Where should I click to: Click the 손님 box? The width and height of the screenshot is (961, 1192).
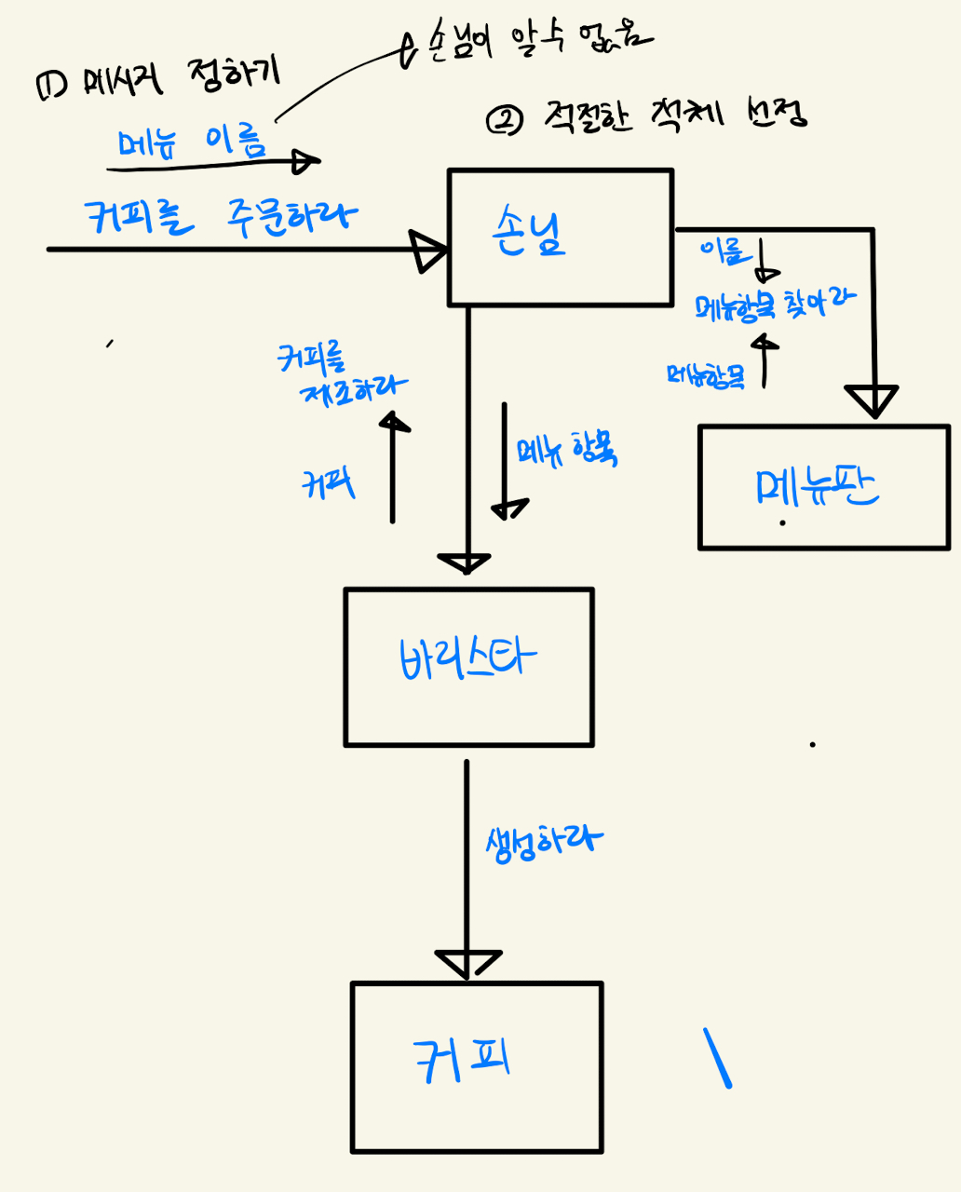pyautogui.click(x=560, y=237)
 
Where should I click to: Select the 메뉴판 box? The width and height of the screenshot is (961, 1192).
pyautogui.click(x=823, y=487)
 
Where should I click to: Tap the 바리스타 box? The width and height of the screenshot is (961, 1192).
pyautogui.click(x=468, y=666)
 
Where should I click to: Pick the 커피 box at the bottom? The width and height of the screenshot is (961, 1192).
pyautogui.click(x=477, y=1067)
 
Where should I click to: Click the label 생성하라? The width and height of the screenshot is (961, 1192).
pyautogui.click(x=544, y=842)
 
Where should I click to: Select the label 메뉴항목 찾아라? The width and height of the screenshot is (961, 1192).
pyautogui.click(x=775, y=305)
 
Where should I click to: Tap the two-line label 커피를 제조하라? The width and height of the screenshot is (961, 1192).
pyautogui.click(x=341, y=373)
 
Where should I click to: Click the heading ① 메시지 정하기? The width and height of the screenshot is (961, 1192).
pyautogui.click(x=157, y=80)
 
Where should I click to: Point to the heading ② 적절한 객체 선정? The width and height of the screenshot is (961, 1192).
pyautogui.click(x=646, y=116)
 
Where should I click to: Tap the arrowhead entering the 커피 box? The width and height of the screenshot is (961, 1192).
pyautogui.click(x=467, y=963)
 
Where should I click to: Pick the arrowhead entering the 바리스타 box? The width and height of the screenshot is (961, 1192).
pyautogui.click(x=464, y=563)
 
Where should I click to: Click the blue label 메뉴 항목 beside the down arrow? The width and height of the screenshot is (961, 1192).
pyautogui.click(x=567, y=450)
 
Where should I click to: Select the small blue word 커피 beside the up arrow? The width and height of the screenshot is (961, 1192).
pyautogui.click(x=328, y=484)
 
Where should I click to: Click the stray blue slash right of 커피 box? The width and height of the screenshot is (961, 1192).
pyautogui.click(x=717, y=1058)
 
